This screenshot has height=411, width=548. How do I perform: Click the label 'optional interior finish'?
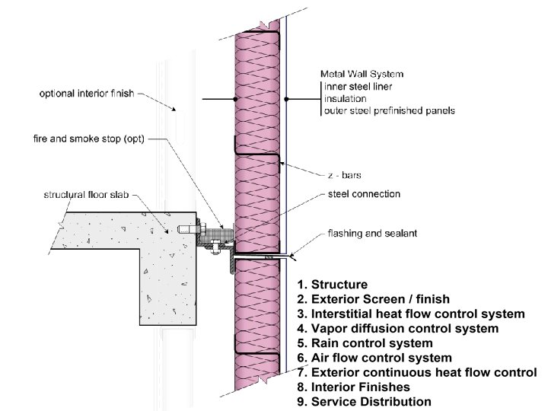[86, 94]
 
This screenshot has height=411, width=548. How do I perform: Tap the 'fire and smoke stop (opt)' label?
[88, 139]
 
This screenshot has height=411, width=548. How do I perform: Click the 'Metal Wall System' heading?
[362, 75]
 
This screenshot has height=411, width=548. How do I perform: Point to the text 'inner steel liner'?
[358, 87]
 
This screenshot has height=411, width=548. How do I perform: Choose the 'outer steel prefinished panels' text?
[389, 111]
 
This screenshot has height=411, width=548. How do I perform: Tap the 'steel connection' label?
[363, 195]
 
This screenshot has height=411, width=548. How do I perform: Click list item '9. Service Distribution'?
[365, 401]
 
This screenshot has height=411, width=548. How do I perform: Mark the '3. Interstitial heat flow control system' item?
[411, 314]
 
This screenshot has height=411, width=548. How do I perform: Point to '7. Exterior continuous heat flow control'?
[417, 372]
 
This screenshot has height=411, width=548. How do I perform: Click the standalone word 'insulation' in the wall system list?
[347, 99]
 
